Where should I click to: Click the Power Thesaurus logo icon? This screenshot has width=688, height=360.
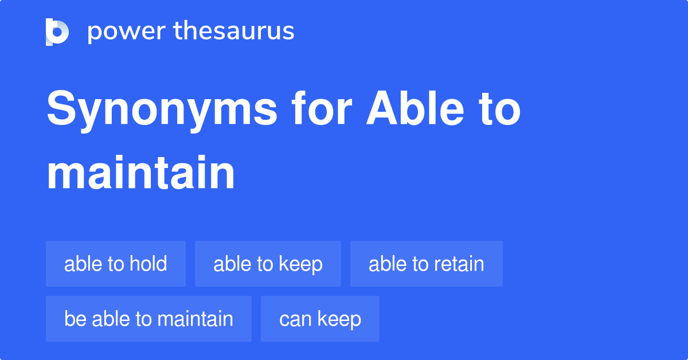coord(57,32)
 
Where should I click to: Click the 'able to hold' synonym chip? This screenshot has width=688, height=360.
coord(116,264)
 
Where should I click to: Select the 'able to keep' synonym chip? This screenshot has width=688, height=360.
coord(268,264)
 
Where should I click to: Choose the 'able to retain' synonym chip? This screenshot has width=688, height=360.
coord(426,264)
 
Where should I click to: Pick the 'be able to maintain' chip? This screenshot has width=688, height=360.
coord(148,319)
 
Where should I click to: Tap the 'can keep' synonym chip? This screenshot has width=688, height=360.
coord(320,319)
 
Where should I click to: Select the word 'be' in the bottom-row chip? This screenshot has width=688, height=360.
coord(71,319)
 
